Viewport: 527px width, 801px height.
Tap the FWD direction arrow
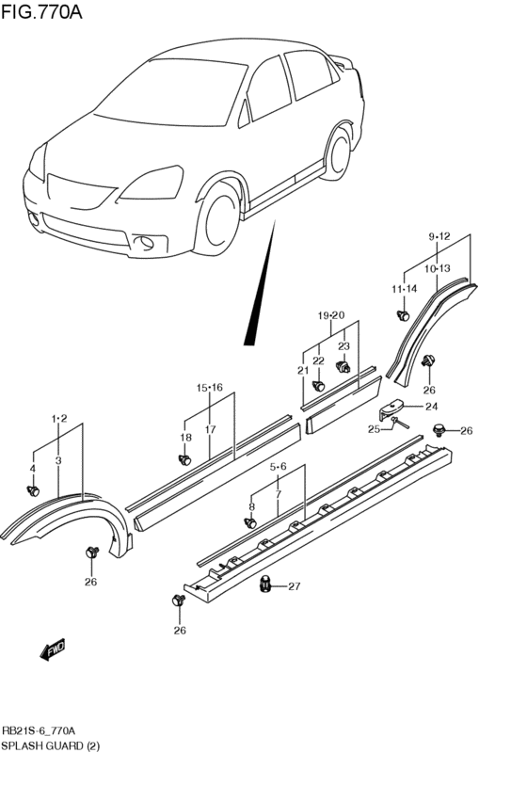pos(53,649)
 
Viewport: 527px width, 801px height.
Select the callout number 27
pos(294,586)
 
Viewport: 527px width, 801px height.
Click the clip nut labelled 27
pos(266,585)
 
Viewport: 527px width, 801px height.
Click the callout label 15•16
pos(209,387)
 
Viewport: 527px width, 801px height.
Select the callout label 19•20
pos(331,315)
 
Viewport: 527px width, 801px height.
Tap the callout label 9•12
pos(440,236)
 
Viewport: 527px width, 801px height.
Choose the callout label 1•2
pos(59,417)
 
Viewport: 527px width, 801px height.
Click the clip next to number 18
pos(185,459)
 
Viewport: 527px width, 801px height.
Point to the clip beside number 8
pos(251,522)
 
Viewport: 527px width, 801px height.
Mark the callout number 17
pos(211,430)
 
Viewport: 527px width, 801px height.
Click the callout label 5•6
pos(279,466)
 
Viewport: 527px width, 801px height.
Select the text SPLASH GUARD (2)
pos(51,745)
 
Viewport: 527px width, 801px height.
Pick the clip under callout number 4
pos(34,489)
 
